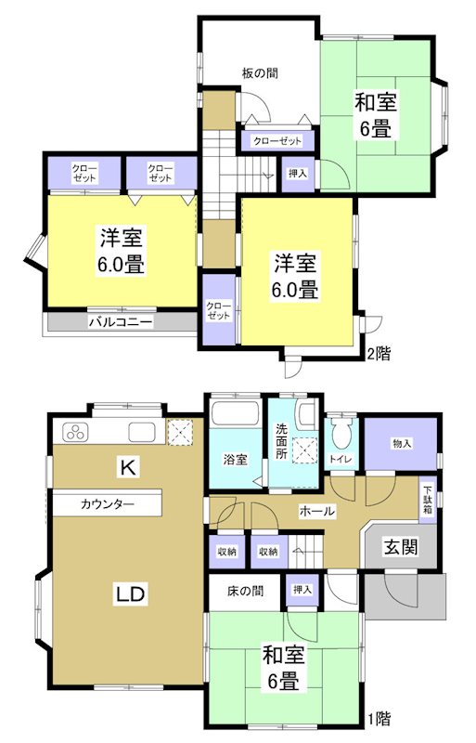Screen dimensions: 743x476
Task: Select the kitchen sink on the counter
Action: pos(142,432)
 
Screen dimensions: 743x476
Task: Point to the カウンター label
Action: pos(108,504)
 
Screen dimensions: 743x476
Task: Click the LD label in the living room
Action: pos(129,592)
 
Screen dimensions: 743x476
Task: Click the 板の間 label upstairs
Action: pos(261,72)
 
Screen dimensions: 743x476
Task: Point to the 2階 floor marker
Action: pos(380,353)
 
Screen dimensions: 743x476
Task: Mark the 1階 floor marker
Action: pos(378,718)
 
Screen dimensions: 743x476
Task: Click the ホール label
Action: pos(316,511)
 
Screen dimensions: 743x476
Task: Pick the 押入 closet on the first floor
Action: pos(302,590)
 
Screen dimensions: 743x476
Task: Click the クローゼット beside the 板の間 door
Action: pos(278,141)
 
